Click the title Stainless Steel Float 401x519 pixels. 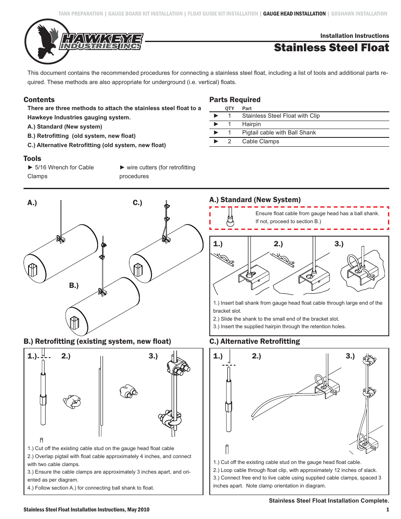click(331, 48)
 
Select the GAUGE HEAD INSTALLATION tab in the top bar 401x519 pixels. click(294, 14)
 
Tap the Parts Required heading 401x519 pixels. click(235, 100)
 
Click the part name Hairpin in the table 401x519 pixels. click(251, 124)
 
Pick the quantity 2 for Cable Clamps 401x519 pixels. click(230, 142)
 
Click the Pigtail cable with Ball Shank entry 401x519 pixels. click(279, 133)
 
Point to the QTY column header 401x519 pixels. click(230, 108)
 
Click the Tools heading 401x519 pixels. click(32, 158)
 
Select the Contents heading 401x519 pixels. click(39, 100)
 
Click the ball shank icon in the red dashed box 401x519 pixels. click(230, 219)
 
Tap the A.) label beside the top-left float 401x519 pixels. click(32, 203)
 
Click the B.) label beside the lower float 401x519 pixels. click(74, 285)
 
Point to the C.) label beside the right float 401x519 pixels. click(137, 203)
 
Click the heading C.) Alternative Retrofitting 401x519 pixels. click(255, 341)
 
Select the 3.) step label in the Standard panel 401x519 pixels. click(339, 244)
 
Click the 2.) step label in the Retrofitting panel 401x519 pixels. click(66, 356)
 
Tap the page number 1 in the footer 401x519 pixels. click(388, 510)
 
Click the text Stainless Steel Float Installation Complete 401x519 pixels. click(329, 501)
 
